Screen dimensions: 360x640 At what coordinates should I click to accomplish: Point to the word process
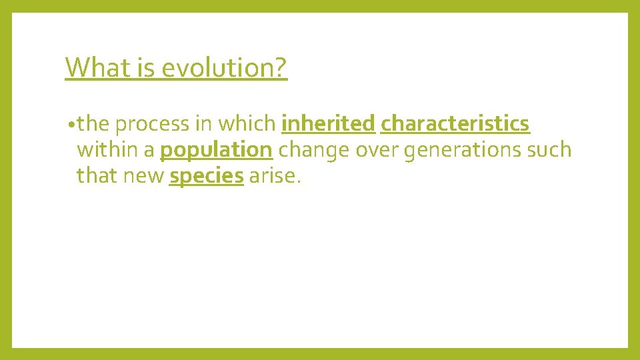coord(153,124)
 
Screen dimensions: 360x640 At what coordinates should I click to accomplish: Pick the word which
coord(248,124)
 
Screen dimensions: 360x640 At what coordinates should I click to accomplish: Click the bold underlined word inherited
coord(329,124)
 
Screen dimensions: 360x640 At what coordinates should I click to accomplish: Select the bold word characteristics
coord(455,124)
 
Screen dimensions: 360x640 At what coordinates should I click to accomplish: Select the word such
coord(550,150)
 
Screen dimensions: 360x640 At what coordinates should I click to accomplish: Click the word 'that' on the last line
coord(95,177)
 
